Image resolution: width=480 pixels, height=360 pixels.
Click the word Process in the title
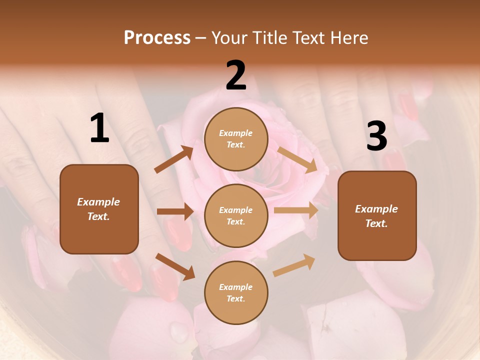pos(157,38)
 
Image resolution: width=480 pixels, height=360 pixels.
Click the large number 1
pos(99,128)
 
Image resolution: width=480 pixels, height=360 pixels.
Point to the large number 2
pos(236,76)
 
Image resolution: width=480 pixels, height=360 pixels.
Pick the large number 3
pos(376,136)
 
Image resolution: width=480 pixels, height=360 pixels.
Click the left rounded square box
pos(99,209)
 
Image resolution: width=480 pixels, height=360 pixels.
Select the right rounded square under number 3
pos(377,215)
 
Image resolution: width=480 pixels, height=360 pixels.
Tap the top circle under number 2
pos(236,139)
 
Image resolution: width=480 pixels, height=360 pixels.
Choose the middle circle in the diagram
pos(236,215)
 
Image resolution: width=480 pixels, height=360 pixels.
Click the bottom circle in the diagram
pos(236,292)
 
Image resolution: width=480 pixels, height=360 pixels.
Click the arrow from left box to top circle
pos(174,159)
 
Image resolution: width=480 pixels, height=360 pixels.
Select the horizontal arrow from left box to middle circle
pos(175,211)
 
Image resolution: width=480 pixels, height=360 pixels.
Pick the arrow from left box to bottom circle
pos(175,266)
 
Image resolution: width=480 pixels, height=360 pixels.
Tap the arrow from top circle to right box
pos(297,159)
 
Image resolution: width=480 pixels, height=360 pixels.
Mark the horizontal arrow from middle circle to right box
pos(296,210)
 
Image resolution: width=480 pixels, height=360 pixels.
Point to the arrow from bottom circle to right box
pos(294,265)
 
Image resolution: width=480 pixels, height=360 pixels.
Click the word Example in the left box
pos(98,202)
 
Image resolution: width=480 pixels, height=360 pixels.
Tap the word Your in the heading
pos(230,38)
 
